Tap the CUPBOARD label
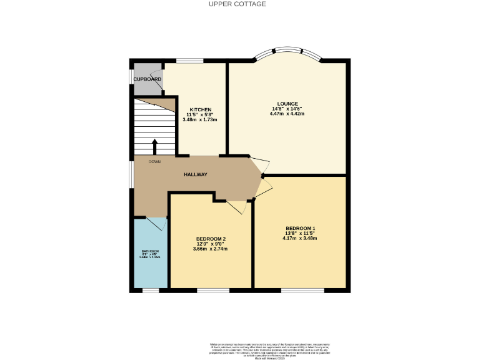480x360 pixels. click(x=147, y=79)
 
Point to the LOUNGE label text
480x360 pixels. click(x=287, y=104)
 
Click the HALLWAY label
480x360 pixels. click(x=196, y=175)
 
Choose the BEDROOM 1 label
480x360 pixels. click(x=300, y=228)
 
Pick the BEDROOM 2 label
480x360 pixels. click(x=211, y=239)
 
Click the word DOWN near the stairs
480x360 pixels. click(x=155, y=161)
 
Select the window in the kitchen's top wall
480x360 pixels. click(x=187, y=61)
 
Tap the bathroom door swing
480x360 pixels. click(x=156, y=224)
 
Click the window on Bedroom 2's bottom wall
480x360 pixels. click(x=212, y=289)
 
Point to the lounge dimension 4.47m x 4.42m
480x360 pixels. click(x=287, y=114)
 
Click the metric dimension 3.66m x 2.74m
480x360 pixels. click(x=211, y=249)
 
